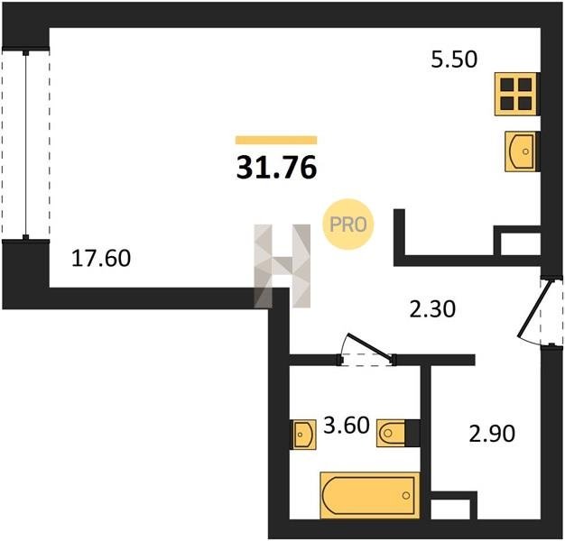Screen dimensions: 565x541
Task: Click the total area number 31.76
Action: pyautogui.click(x=276, y=168)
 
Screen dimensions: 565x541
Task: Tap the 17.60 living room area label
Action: pyautogui.click(x=101, y=259)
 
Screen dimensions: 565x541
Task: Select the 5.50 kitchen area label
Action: pyautogui.click(x=454, y=60)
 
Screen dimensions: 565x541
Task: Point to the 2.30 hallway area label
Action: pyautogui.click(x=432, y=309)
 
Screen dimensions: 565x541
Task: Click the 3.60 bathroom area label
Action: pyautogui.click(x=347, y=425)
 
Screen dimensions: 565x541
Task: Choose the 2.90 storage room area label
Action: pyautogui.click(x=492, y=434)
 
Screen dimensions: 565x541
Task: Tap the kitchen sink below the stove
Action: pyautogui.click(x=522, y=151)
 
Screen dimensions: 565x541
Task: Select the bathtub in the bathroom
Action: pyautogui.click(x=370, y=495)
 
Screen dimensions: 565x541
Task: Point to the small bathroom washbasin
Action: pyautogui.click(x=303, y=435)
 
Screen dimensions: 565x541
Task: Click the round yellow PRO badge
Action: pyautogui.click(x=348, y=225)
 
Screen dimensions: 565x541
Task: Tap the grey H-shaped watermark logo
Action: pyautogui.click(x=282, y=266)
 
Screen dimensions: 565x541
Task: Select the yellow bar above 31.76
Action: pyautogui.click(x=276, y=140)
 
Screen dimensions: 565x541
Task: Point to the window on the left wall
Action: pyautogui.click(x=25, y=143)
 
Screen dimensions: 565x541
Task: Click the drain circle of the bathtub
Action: pyautogui.click(x=406, y=496)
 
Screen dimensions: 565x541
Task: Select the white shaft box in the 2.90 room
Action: pyautogui.click(x=450, y=509)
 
